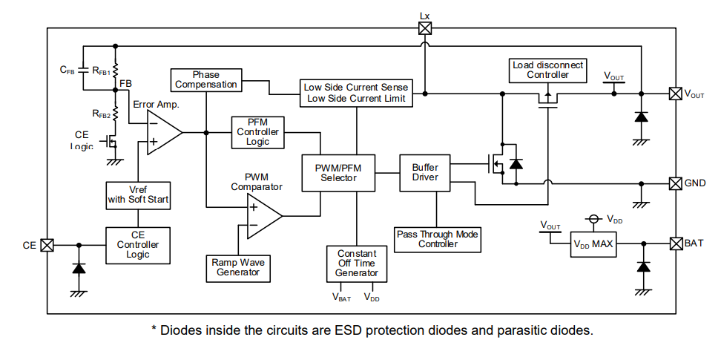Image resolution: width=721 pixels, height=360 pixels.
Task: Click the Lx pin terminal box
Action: tap(424, 29)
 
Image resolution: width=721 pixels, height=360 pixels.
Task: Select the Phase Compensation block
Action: tap(206, 80)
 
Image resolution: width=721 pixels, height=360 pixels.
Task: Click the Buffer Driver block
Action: tap(425, 172)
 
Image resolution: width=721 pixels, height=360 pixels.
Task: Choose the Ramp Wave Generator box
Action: tap(237, 267)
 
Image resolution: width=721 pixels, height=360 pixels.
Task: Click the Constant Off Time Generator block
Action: tap(357, 264)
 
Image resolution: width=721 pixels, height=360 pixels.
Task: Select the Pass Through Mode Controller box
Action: tap(438, 239)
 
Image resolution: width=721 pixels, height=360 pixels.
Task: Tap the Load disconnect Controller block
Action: tap(548, 71)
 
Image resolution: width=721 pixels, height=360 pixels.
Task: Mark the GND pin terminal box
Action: tap(675, 183)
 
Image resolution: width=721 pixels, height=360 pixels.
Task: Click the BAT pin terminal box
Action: tap(675, 243)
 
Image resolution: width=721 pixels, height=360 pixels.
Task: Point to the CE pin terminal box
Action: tap(47, 244)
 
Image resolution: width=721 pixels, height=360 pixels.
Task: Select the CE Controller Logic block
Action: tap(139, 245)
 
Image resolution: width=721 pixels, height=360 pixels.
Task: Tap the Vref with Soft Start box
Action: tap(139, 194)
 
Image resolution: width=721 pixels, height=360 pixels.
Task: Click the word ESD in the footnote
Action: tap(376, 330)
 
